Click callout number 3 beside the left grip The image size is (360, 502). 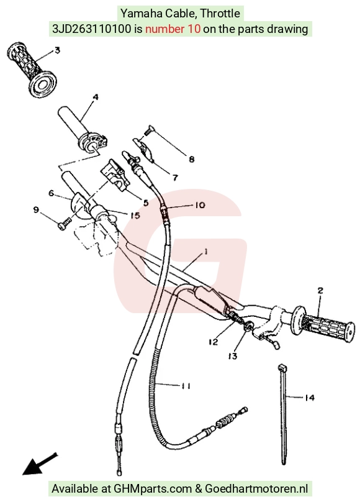click(x=57, y=50)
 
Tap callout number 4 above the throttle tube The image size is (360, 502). click(x=95, y=97)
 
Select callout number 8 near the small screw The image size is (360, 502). click(x=192, y=159)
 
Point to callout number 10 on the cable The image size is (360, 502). click(x=199, y=205)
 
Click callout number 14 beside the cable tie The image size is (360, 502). click(x=310, y=398)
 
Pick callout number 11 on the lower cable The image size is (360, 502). click(x=186, y=386)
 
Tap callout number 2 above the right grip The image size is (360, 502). click(x=320, y=290)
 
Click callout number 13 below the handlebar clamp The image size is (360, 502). click(x=233, y=356)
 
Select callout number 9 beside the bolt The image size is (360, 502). click(x=36, y=210)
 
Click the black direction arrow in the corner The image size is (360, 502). click(x=40, y=464)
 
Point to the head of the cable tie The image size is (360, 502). click(x=281, y=367)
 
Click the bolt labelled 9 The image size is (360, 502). click(x=65, y=224)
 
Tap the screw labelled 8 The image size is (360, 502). click(x=149, y=130)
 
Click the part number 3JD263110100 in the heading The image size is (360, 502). click(x=92, y=29)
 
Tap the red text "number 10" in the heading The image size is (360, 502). click(x=173, y=29)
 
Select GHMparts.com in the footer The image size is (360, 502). click(x=153, y=489)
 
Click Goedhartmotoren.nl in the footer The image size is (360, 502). click(x=256, y=489)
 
